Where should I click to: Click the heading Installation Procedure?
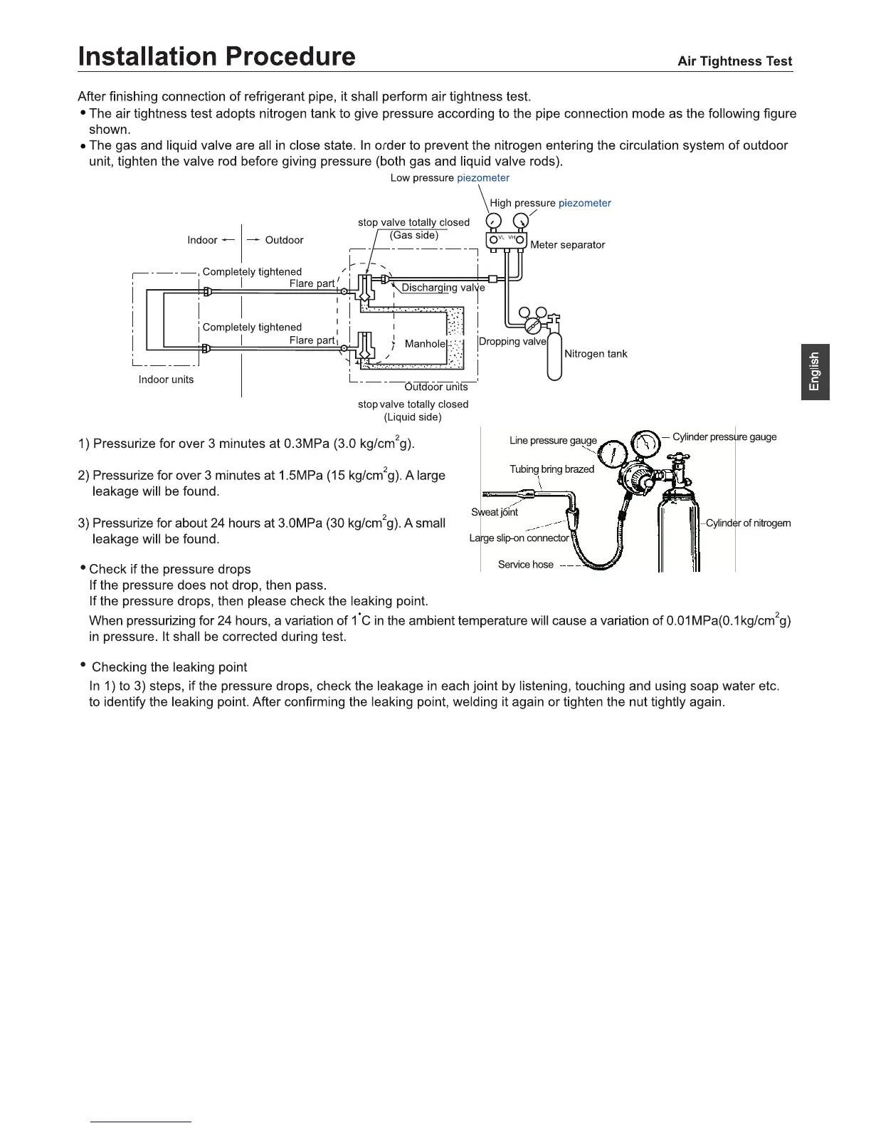click(x=216, y=56)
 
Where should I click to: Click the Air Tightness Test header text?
click(x=734, y=61)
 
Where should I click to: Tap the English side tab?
click(x=815, y=372)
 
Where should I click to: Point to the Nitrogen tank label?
click(x=596, y=354)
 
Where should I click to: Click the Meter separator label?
click(x=567, y=245)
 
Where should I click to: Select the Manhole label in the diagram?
click(x=425, y=344)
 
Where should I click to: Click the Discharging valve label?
click(x=443, y=288)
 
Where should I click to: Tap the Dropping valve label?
click(x=512, y=342)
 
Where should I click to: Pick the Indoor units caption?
click(x=166, y=380)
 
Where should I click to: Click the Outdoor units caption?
click(x=436, y=387)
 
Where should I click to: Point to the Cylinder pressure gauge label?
click(x=724, y=437)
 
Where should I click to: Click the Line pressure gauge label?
click(x=553, y=440)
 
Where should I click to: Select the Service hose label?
click(x=525, y=565)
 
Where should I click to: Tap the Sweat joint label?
click(x=495, y=512)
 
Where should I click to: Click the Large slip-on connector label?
click(x=519, y=538)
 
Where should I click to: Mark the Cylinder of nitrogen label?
click(x=748, y=523)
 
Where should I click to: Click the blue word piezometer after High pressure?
click(x=584, y=203)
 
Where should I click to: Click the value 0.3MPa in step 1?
click(x=306, y=444)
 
